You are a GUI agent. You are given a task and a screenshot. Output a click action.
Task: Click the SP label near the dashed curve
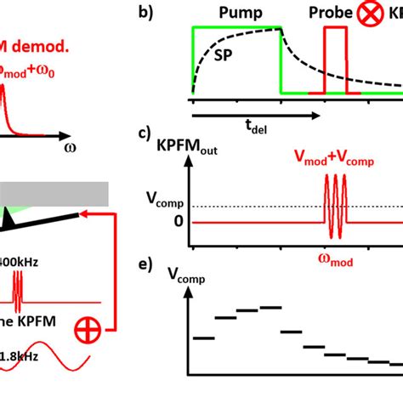pos(225,55)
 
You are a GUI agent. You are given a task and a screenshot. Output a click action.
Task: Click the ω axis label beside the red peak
pos(70,146)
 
